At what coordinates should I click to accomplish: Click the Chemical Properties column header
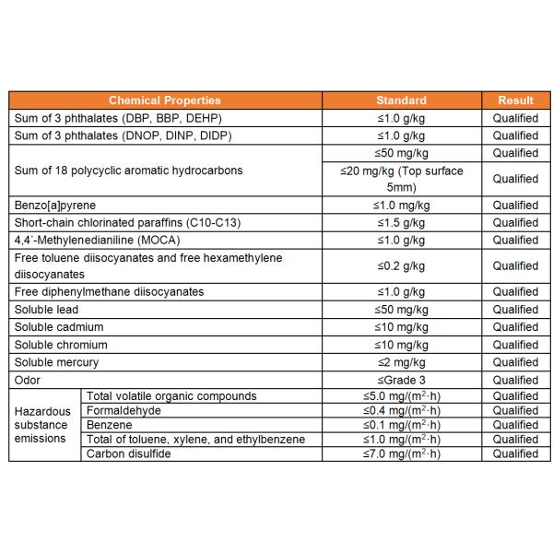point(165,100)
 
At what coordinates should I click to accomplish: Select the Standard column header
point(401,100)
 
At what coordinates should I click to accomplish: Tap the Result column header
point(515,100)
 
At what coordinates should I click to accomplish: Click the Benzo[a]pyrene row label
point(55,205)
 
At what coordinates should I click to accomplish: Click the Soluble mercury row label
point(56,362)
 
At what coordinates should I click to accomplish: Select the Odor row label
point(28,380)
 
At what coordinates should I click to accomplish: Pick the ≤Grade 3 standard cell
point(401,380)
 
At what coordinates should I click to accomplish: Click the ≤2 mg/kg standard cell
point(401,362)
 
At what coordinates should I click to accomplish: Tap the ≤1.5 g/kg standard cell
point(401,222)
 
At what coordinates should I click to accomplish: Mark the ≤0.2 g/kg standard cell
point(401,265)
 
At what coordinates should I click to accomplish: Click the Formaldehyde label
point(123,410)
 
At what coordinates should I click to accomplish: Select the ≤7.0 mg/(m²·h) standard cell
point(401,453)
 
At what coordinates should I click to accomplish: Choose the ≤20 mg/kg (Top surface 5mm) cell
point(401,179)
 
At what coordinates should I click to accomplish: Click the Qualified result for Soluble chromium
point(515,345)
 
